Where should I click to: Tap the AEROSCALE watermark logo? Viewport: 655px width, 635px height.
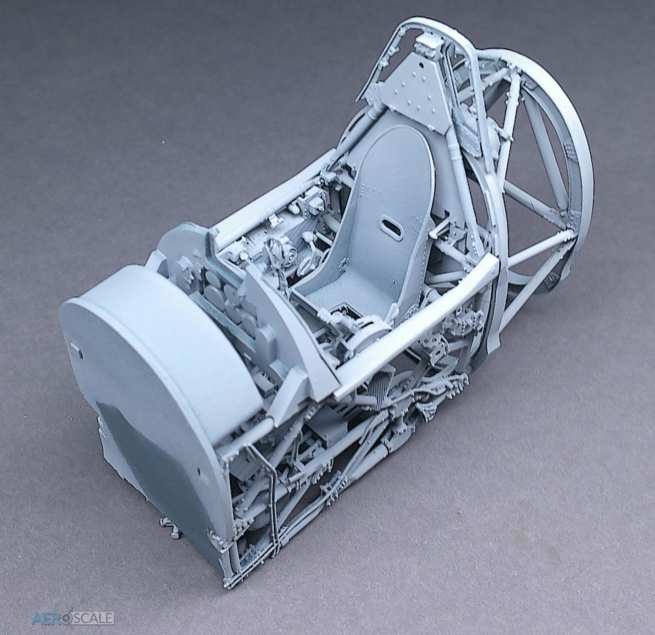click(73, 617)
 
